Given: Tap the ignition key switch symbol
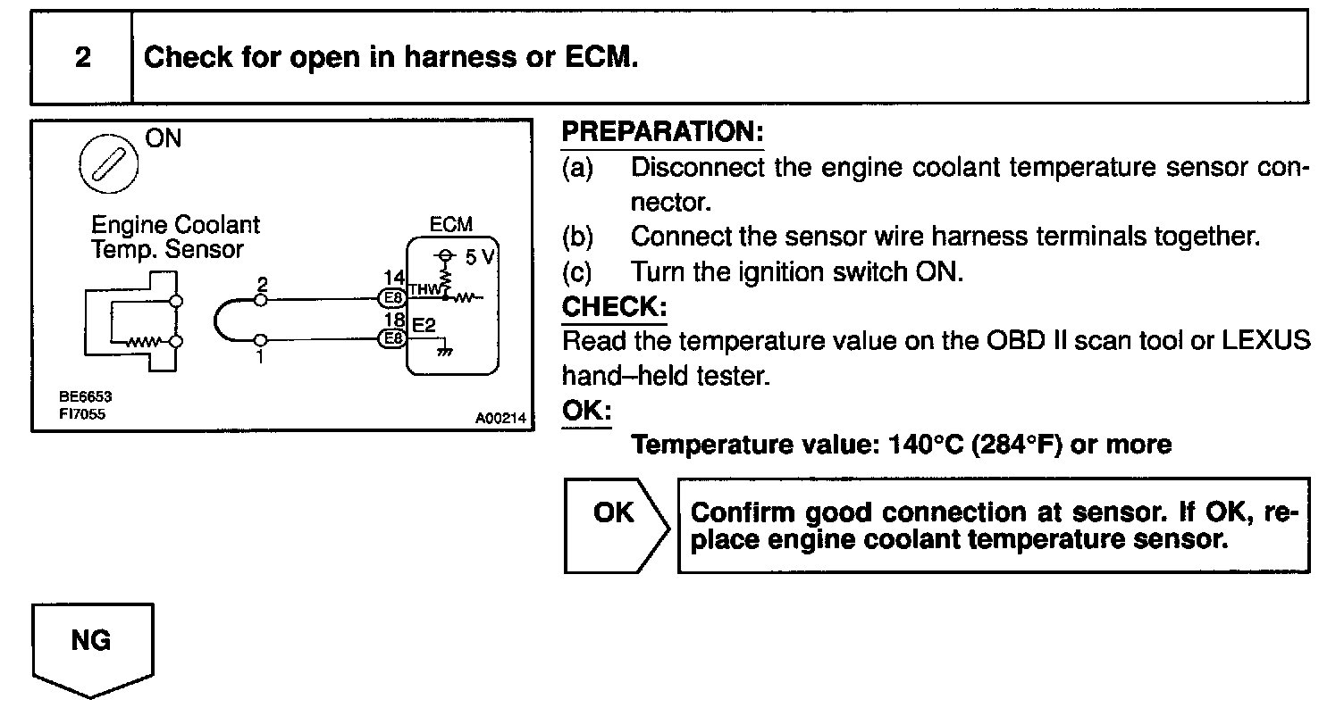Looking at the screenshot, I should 108,165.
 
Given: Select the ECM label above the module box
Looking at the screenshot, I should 451,225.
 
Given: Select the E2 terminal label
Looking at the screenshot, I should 424,324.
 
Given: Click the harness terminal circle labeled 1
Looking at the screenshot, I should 260,340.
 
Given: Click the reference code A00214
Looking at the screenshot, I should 501,417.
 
